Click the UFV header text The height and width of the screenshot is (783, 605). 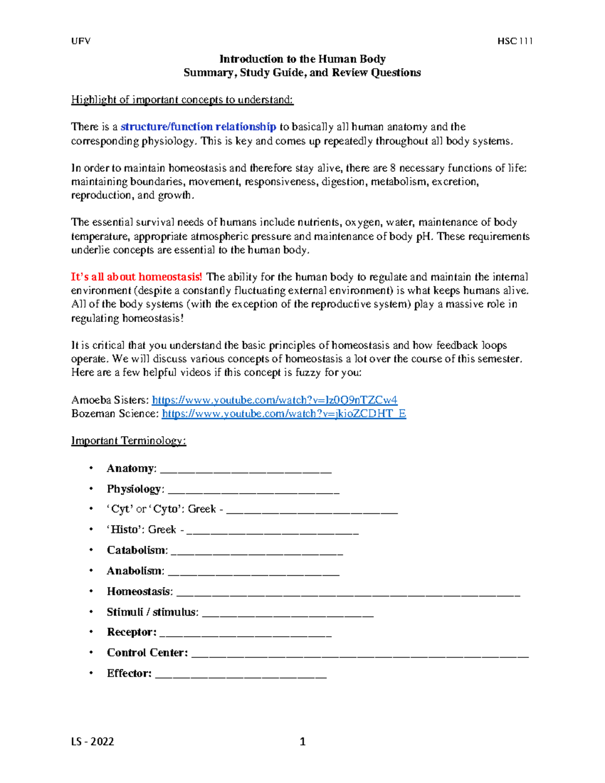click(x=81, y=41)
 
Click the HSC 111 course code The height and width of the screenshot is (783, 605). click(x=515, y=41)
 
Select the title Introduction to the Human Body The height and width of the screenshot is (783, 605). click(x=302, y=59)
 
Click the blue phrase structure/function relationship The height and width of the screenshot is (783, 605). click(x=198, y=127)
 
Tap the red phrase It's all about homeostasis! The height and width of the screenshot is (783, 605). click(x=136, y=277)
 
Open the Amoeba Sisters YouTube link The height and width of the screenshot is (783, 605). click(x=274, y=400)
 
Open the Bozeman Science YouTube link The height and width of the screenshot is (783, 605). click(x=284, y=413)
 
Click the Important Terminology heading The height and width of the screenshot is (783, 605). click(x=129, y=441)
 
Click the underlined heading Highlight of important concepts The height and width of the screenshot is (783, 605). click(x=182, y=99)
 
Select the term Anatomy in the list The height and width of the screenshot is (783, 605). click(x=131, y=468)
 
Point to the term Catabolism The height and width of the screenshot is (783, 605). click(x=136, y=550)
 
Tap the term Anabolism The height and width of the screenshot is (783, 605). click(x=135, y=571)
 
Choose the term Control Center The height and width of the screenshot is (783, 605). click(x=147, y=652)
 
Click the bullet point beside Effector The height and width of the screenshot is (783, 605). click(x=91, y=673)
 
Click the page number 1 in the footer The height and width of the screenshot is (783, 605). click(x=302, y=741)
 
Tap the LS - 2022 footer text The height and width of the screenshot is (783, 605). click(x=92, y=741)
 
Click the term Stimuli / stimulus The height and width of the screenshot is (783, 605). click(x=152, y=612)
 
